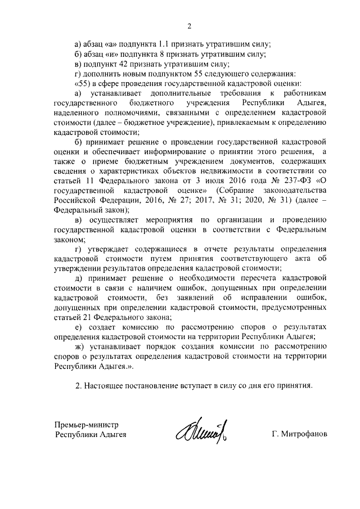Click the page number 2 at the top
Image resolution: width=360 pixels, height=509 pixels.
tap(190, 25)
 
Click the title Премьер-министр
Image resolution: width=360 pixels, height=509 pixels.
tap(87, 425)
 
